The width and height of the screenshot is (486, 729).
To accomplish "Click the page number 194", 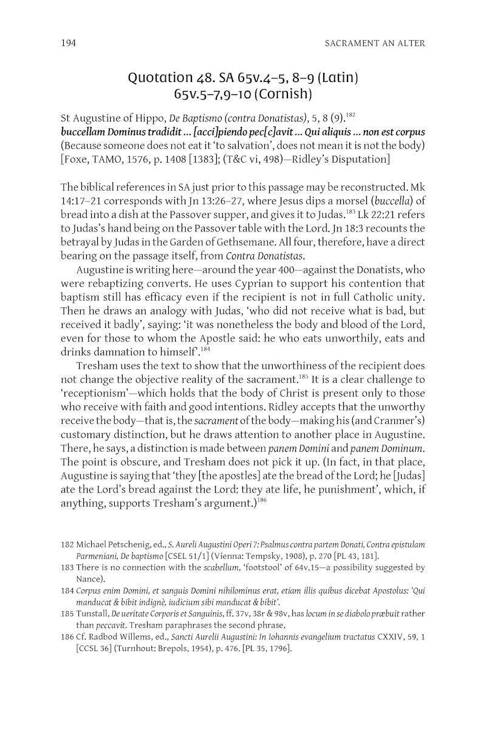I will pyautogui.click(x=69, y=43).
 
